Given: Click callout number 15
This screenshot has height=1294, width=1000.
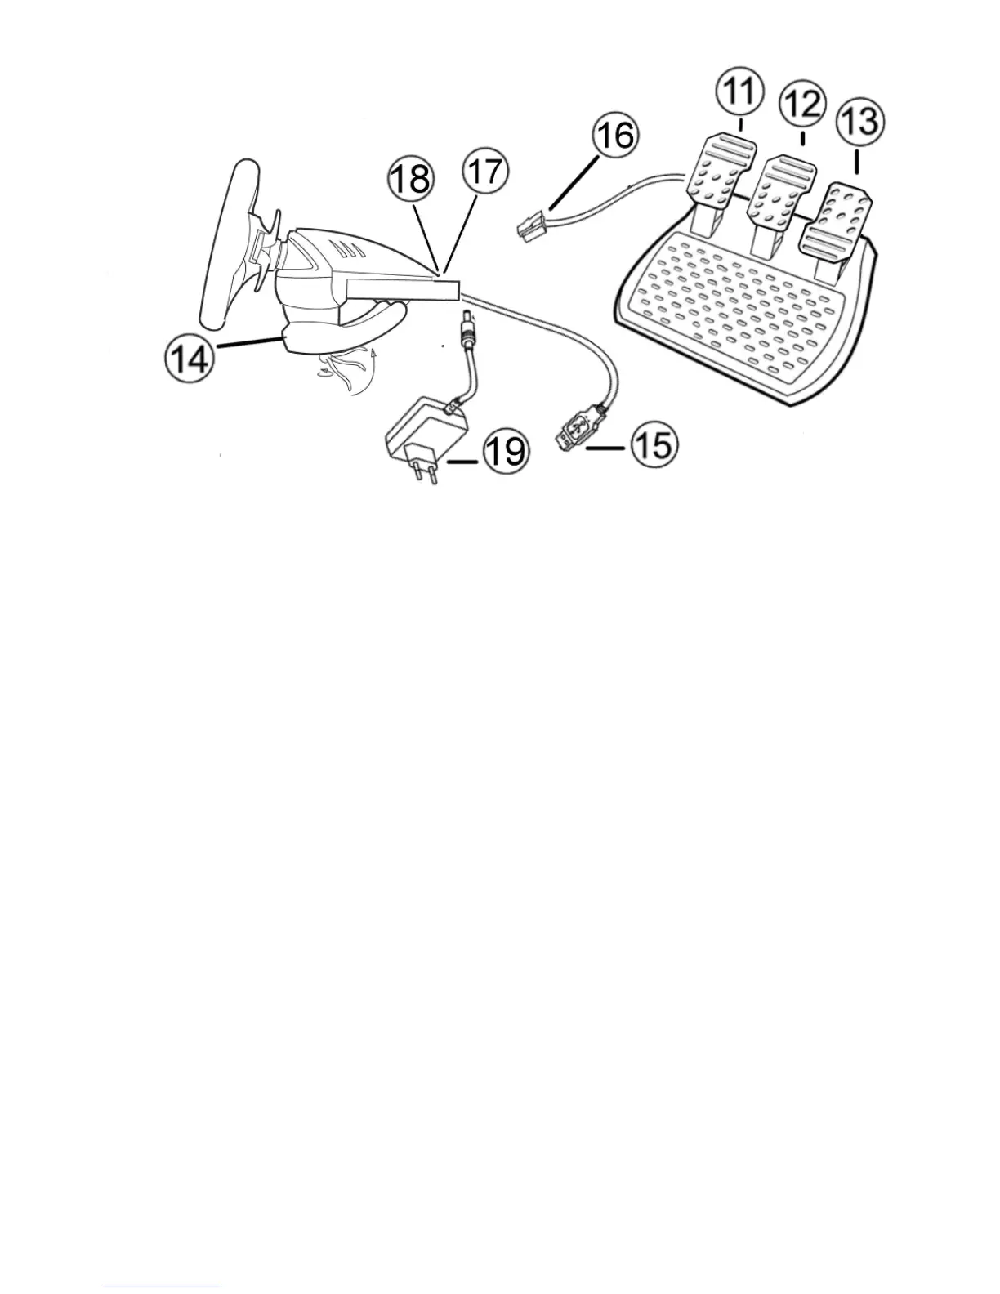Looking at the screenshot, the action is click(653, 446).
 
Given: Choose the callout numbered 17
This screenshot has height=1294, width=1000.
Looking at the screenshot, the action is click(485, 173).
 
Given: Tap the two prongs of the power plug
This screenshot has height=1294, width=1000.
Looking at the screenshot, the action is click(426, 473).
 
